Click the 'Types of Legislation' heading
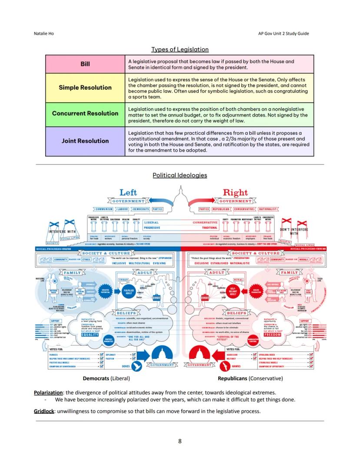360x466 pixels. click(x=180, y=50)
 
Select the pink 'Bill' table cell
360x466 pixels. click(x=85, y=64)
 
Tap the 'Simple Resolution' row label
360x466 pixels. click(x=85, y=87)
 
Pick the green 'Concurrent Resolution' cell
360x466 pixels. click(x=85, y=114)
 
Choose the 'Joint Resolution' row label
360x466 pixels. click(x=85, y=141)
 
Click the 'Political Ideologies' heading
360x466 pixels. click(x=180, y=175)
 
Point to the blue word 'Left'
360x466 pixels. click(x=128, y=192)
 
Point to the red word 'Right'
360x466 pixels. click(x=235, y=192)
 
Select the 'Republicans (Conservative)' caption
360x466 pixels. click(x=250, y=379)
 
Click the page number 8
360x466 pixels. click(x=180, y=441)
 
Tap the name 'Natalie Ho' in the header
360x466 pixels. click(x=44, y=33)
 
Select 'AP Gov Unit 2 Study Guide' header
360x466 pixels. click(x=283, y=33)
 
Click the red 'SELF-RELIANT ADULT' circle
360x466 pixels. click(x=233, y=291)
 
